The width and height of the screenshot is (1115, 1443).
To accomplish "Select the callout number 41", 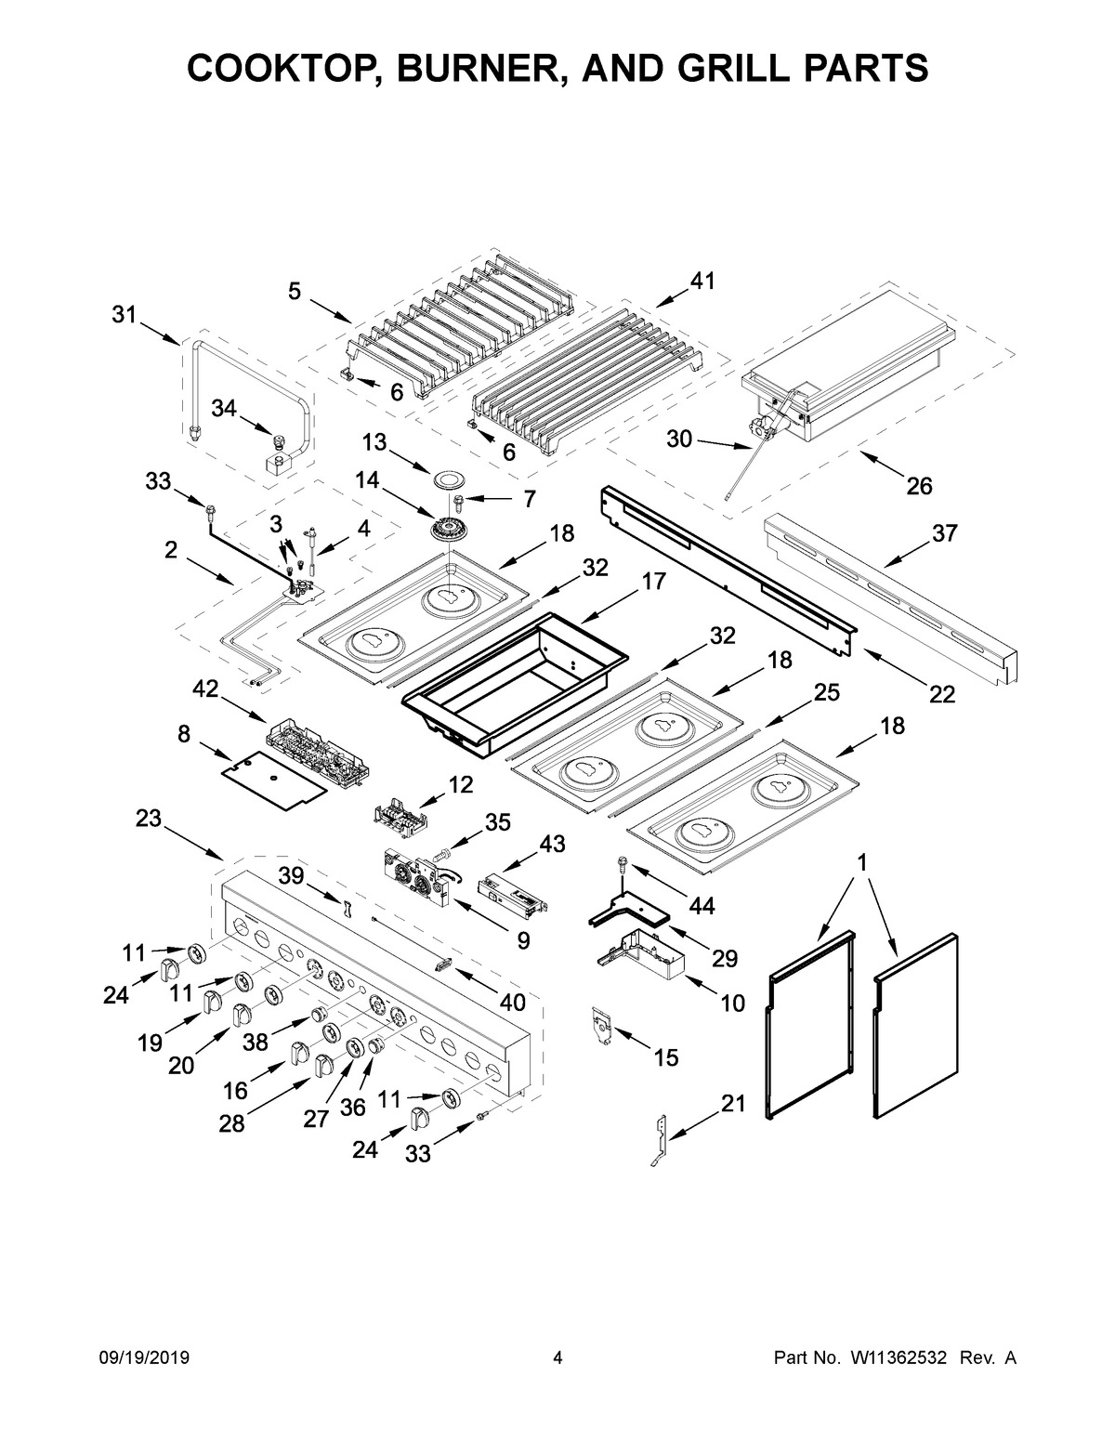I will (702, 282).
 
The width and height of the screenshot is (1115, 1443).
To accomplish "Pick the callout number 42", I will (205, 689).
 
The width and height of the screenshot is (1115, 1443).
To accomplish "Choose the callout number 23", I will (148, 818).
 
